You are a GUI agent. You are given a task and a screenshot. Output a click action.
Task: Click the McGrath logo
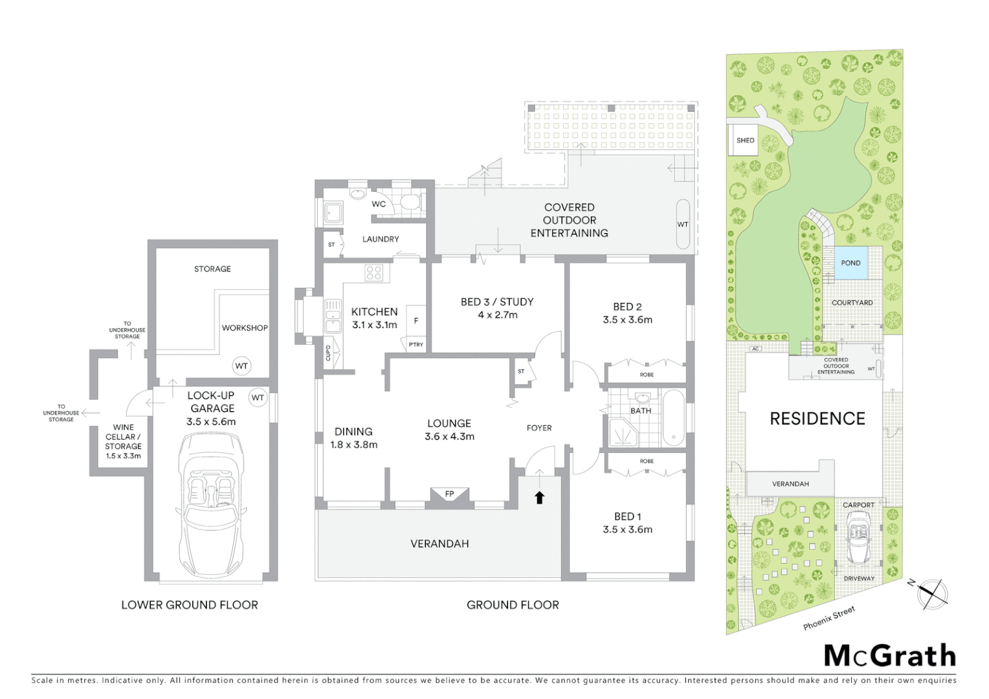pyautogui.click(x=889, y=656)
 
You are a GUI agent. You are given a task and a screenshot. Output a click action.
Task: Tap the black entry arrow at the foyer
pyautogui.click(x=539, y=497)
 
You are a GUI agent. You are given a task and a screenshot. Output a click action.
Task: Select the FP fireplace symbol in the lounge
pyautogui.click(x=449, y=494)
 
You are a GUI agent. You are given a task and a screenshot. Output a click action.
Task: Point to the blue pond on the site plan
pyautogui.click(x=850, y=263)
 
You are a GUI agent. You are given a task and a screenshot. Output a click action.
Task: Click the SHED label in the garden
pyautogui.click(x=745, y=140)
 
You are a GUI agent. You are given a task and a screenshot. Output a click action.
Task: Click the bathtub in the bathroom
pyautogui.click(x=674, y=418)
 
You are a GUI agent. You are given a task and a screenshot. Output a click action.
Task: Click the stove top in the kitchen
pyautogui.click(x=373, y=272)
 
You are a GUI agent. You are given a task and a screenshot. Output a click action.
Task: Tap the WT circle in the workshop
pyautogui.click(x=241, y=366)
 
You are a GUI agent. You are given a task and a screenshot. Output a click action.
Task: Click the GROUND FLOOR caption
pyautogui.click(x=513, y=605)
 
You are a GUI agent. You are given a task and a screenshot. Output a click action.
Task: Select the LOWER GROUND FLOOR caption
pyautogui.click(x=190, y=605)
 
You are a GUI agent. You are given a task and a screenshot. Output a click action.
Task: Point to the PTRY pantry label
pyautogui.click(x=416, y=344)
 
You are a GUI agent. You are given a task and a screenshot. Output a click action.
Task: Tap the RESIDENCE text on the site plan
pyautogui.click(x=817, y=419)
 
